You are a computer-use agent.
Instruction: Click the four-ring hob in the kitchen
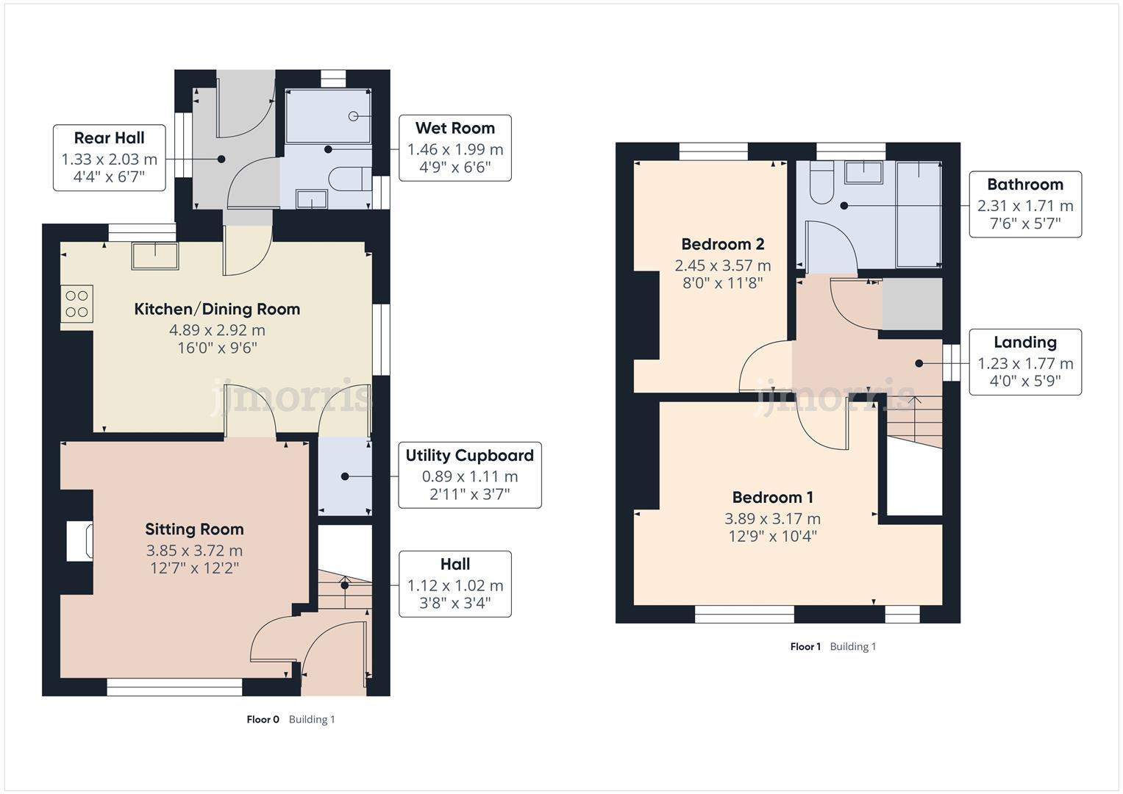(x=77, y=304)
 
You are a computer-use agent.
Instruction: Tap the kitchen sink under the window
(x=155, y=255)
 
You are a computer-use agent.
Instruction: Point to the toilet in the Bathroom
(x=820, y=185)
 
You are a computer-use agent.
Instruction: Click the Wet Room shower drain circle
(x=353, y=116)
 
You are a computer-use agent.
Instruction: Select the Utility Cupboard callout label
(x=469, y=475)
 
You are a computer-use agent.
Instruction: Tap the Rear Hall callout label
(x=109, y=158)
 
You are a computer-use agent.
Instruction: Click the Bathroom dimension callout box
(x=1024, y=204)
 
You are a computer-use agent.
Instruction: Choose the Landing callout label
(x=1024, y=362)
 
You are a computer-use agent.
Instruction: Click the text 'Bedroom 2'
(x=722, y=244)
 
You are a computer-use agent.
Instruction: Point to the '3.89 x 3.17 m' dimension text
(x=772, y=519)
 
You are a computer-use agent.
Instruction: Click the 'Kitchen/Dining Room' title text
(x=217, y=309)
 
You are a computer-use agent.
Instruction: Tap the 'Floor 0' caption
(x=263, y=719)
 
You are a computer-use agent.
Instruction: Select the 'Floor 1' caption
(x=805, y=646)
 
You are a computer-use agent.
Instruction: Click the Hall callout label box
(x=454, y=584)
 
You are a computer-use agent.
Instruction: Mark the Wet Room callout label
(x=454, y=148)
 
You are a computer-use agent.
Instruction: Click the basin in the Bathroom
(x=863, y=172)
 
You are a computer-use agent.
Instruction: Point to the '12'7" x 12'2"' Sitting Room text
(x=194, y=568)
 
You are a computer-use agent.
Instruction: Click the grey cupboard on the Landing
(x=912, y=304)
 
